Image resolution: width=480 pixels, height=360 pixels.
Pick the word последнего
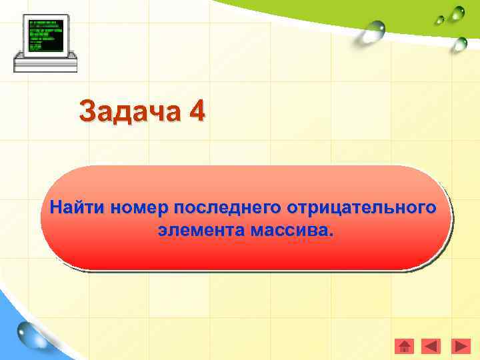click(228, 207)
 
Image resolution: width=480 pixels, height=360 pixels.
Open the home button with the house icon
click(405, 347)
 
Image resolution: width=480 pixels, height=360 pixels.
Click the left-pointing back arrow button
click(432, 347)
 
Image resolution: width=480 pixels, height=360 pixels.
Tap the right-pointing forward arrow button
click(461, 347)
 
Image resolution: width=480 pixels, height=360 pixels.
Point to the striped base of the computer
click(45, 65)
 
